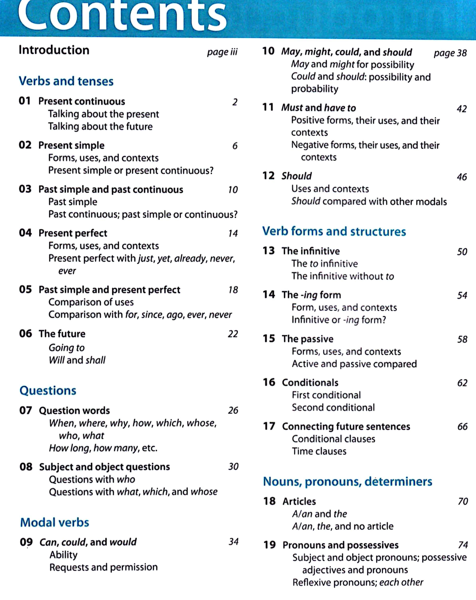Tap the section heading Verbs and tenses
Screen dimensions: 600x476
pyautogui.click(x=66, y=81)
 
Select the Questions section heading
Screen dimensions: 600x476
pyautogui.click(x=48, y=390)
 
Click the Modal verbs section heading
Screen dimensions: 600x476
pyautogui.click(x=55, y=522)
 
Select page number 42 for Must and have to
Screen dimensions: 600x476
pyautogui.click(x=462, y=109)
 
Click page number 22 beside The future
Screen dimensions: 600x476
pyautogui.click(x=233, y=334)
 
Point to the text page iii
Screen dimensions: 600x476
pyautogui.click(x=222, y=52)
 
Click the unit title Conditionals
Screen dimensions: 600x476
pyautogui.click(x=310, y=383)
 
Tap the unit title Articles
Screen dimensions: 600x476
pyautogui.click(x=299, y=501)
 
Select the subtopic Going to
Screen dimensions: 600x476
pyautogui.click(x=67, y=348)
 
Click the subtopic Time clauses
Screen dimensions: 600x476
pyautogui.click(x=319, y=451)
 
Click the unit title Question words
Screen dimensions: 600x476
pyautogui.click(x=74, y=410)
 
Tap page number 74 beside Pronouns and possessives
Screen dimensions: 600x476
pyautogui.click(x=463, y=545)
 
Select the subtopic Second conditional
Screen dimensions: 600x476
pyautogui.click(x=333, y=408)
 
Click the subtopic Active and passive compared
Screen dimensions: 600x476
pyautogui.click(x=354, y=364)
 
